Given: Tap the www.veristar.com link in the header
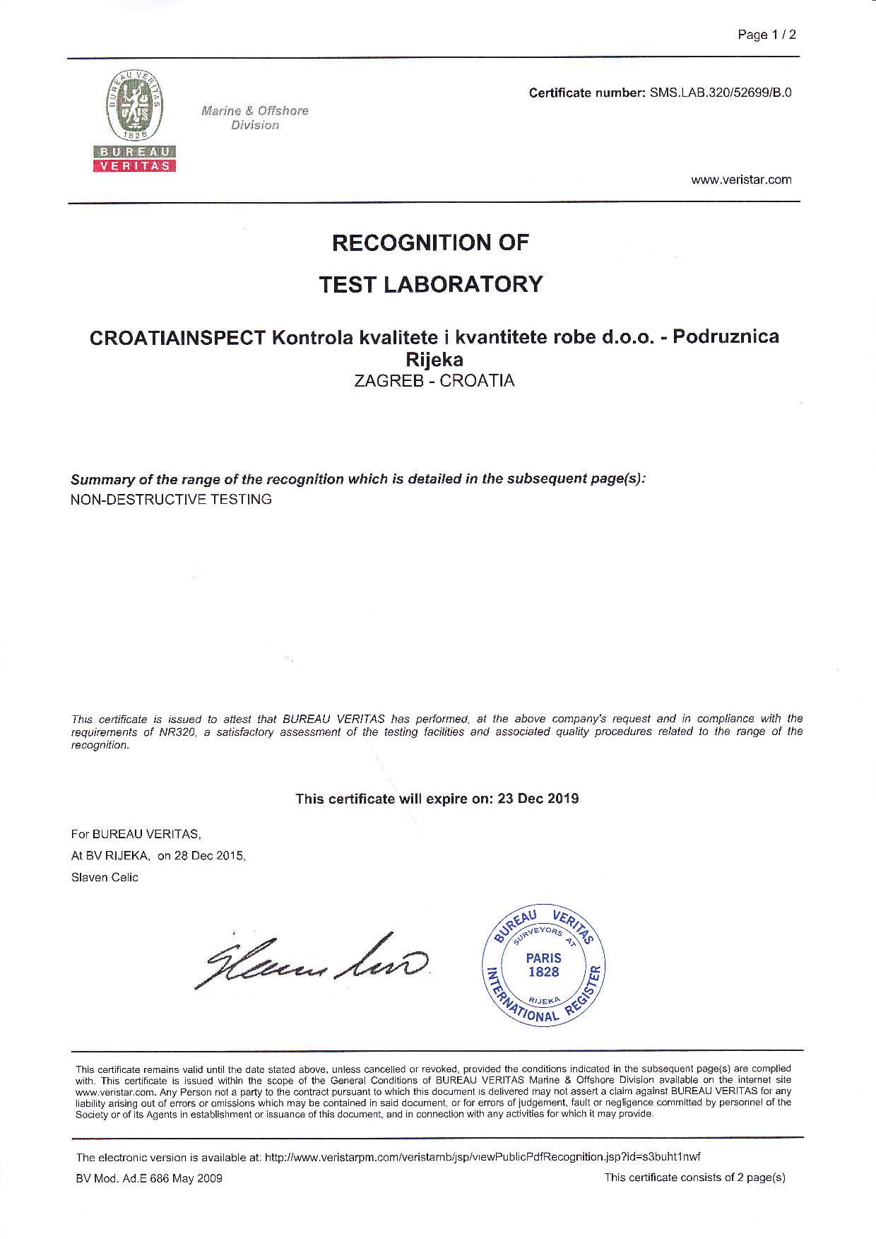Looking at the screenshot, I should pos(741,180).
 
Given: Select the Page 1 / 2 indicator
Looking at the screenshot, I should pos(766,35).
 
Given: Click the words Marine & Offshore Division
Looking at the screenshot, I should pos(254,118).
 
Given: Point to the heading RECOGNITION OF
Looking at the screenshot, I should pos(430,242).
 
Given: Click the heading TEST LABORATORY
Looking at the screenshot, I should pos(430,284).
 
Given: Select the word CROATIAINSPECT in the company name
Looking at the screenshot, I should pos(177,337).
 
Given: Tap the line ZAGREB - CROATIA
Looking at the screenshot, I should pos(434,381).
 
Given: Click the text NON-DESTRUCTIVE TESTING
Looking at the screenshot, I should pos(171,500).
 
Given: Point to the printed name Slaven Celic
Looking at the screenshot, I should pos(105,878).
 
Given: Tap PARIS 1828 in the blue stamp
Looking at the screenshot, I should pos(543,965).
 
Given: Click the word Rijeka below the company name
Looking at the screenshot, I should pos(433,360).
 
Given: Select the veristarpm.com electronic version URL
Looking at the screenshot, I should pos(482,1157).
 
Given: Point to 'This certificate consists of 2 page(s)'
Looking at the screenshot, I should pos(694,1178).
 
